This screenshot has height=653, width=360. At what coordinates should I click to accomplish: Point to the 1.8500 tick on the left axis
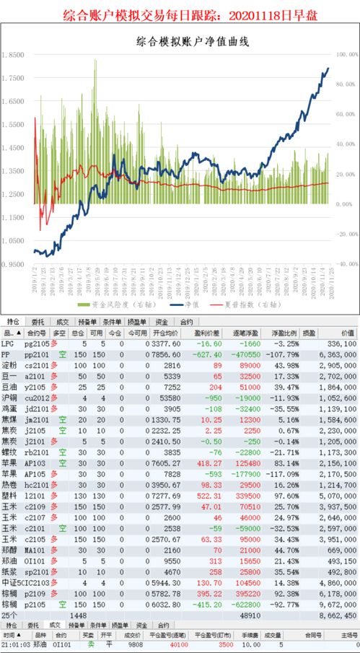click(14, 55)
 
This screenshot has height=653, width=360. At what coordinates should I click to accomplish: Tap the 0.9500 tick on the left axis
click(14, 265)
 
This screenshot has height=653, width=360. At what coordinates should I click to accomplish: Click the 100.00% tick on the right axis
click(345, 55)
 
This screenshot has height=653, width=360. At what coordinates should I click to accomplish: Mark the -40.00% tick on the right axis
click(345, 264)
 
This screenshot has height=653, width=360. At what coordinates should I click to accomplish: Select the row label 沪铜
click(10, 397)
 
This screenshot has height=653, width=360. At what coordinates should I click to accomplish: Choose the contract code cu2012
click(35, 397)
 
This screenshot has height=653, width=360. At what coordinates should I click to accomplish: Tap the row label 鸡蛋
click(10, 408)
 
